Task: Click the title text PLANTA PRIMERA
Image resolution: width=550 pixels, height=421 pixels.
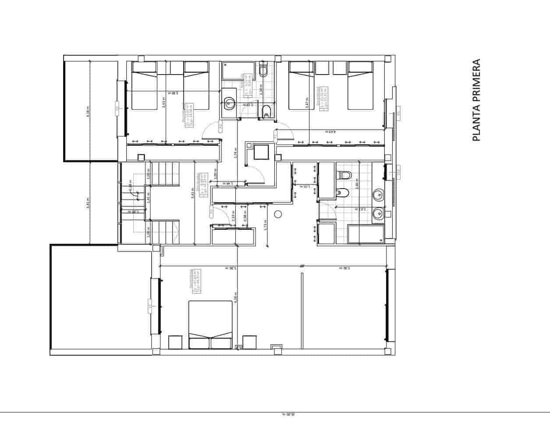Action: coord(476,100)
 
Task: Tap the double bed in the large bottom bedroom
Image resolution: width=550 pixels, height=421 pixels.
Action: coord(210,325)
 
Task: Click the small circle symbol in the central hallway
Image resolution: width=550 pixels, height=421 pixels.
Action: coord(277,214)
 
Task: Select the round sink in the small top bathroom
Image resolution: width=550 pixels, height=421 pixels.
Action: coord(229,103)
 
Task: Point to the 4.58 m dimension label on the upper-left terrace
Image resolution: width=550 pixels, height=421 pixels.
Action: coord(88,112)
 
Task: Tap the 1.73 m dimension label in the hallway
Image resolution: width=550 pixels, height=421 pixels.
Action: coord(266,225)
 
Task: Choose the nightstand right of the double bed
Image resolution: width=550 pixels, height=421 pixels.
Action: coord(249,342)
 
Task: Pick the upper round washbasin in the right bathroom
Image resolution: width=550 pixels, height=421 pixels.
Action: coord(378,195)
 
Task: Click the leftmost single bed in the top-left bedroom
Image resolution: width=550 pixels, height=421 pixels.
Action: coord(144,85)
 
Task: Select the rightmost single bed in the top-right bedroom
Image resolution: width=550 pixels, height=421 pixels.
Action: coord(360,85)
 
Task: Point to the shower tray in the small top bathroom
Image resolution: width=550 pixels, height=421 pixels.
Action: coord(238,70)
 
